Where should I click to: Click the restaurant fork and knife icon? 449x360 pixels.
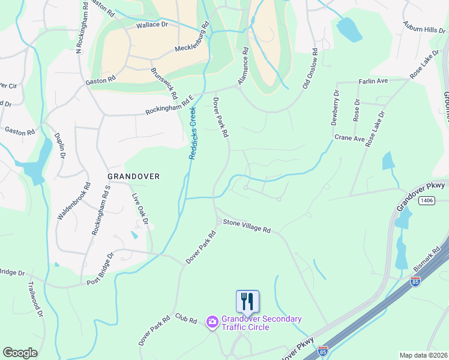[247, 301]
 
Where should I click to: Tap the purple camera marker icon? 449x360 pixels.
[212, 323]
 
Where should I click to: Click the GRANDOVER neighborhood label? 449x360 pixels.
[133, 176]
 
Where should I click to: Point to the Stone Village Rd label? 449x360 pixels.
[247, 226]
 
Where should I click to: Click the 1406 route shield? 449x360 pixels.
[427, 200]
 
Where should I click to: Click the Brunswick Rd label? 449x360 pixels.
[164, 83]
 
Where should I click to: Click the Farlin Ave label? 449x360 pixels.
[373, 80]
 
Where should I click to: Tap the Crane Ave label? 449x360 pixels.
[350, 138]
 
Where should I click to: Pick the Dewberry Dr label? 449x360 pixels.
[335, 107]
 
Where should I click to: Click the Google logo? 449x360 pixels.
[20, 353]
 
